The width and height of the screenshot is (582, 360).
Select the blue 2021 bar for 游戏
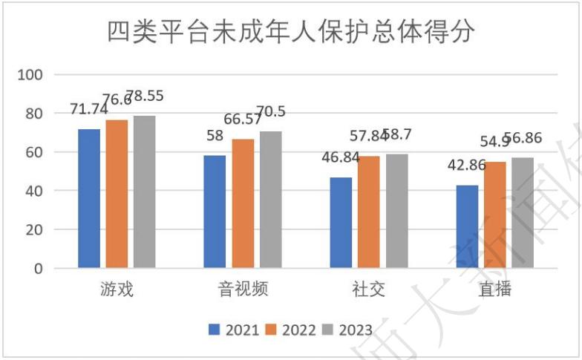point(89,198)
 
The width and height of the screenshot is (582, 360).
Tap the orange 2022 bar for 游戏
point(117,194)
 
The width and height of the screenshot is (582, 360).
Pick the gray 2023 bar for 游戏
point(144,192)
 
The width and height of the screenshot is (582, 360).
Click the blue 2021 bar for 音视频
point(215,212)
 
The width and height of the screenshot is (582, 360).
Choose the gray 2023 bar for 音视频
point(270,200)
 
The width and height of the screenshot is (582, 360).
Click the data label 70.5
point(272,112)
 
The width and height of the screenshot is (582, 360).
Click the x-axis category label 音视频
point(243,289)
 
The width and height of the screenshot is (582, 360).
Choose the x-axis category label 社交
point(369,289)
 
